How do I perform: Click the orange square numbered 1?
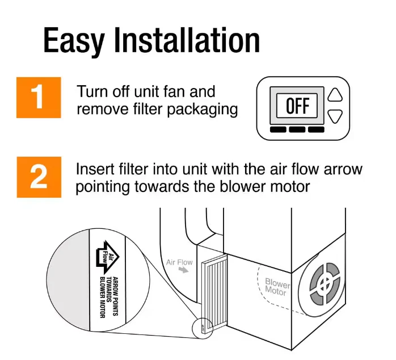point(39,98)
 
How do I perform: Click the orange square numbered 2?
point(39,177)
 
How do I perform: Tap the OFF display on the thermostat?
point(297,106)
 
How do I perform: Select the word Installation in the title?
point(187,40)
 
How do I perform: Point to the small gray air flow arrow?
point(184,270)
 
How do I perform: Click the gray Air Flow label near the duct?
point(179,262)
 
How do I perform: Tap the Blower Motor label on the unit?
point(277,287)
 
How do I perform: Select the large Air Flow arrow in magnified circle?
point(107,258)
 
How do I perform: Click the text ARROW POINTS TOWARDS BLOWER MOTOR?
point(109,298)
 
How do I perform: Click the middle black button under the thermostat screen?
point(297,129)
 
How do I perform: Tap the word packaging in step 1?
point(203,110)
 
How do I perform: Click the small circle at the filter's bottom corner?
point(203,328)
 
